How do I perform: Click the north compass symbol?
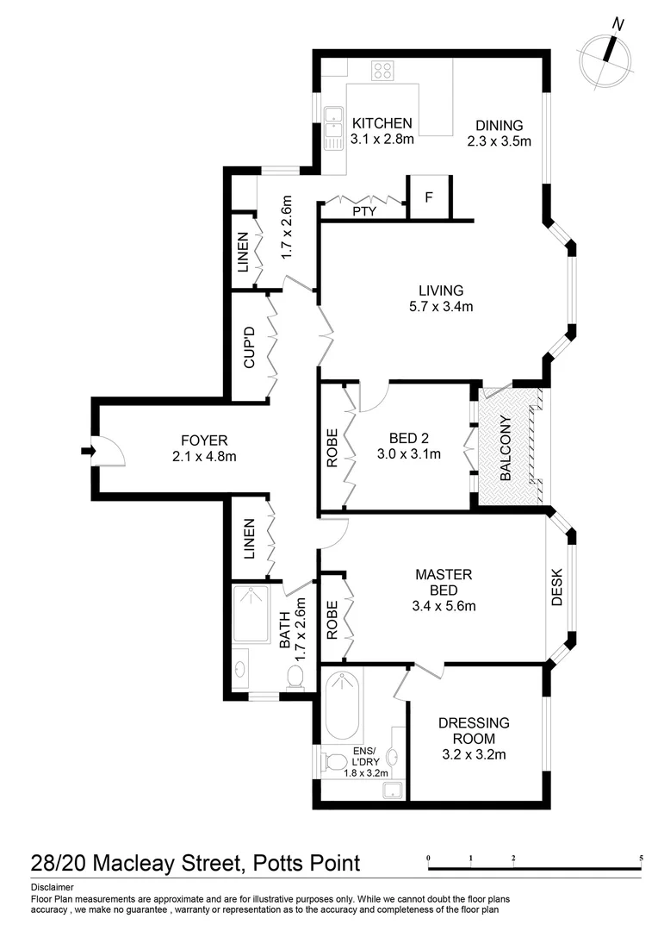point(606,53)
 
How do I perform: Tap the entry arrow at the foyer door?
point(88,450)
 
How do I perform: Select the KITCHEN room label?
point(382,123)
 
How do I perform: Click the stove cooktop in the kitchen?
point(382,71)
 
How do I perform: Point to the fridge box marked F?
point(427,197)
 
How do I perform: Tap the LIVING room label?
point(441,291)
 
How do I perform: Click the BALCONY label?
point(506,448)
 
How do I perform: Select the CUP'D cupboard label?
point(250,347)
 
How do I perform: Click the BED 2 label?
point(409,437)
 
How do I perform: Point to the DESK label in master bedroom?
point(557,586)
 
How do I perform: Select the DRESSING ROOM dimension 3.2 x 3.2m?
point(473,755)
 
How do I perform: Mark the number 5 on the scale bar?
point(641,859)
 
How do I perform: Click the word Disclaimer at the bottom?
point(52,887)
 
